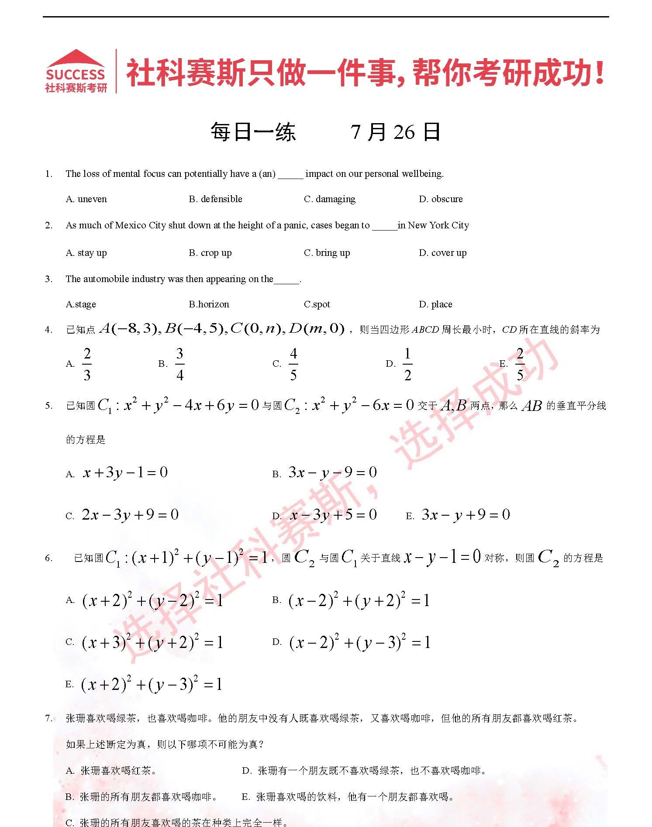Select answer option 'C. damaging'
pos(329,199)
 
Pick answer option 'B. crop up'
pos(210,253)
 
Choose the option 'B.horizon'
pos(209,304)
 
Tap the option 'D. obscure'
pos(441,199)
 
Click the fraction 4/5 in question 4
pos(293,364)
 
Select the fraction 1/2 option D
pos(407,364)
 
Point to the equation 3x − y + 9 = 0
pos(466,515)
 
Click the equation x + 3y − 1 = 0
pos(125,472)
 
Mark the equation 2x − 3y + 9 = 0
pos(130,515)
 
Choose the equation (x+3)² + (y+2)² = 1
pos(152,642)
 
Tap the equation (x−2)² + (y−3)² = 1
pos(359,642)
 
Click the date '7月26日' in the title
pos(395,132)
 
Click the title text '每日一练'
pos(253,132)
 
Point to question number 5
pos(48,406)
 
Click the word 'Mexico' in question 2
pos(131,225)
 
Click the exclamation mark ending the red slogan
pos(600,72)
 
